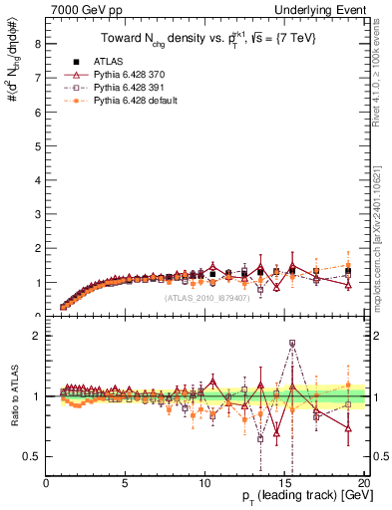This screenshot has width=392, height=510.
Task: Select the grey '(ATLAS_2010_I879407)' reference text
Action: (x=207, y=298)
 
